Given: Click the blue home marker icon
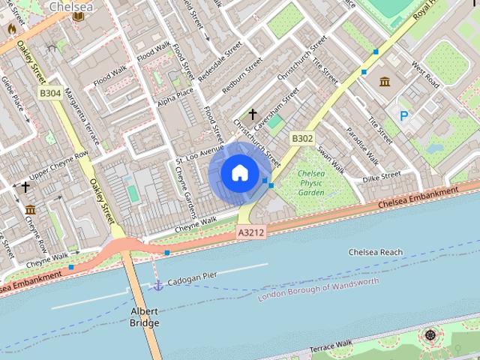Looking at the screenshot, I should point(239,173).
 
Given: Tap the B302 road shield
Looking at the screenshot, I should point(301,139).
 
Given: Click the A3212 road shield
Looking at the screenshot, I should point(251,233).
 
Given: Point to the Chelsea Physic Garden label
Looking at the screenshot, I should point(311,183).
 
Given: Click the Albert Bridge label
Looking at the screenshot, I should point(144,316).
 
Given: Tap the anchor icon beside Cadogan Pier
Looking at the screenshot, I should point(157,285).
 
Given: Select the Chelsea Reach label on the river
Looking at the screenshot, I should point(375,253).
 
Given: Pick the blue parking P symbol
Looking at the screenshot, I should point(404,115).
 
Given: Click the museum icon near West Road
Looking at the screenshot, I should point(385,81).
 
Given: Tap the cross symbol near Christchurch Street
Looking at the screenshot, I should point(253,115).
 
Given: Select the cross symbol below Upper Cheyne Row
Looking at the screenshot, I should point(25,186).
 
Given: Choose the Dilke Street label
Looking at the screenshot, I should point(382,177).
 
